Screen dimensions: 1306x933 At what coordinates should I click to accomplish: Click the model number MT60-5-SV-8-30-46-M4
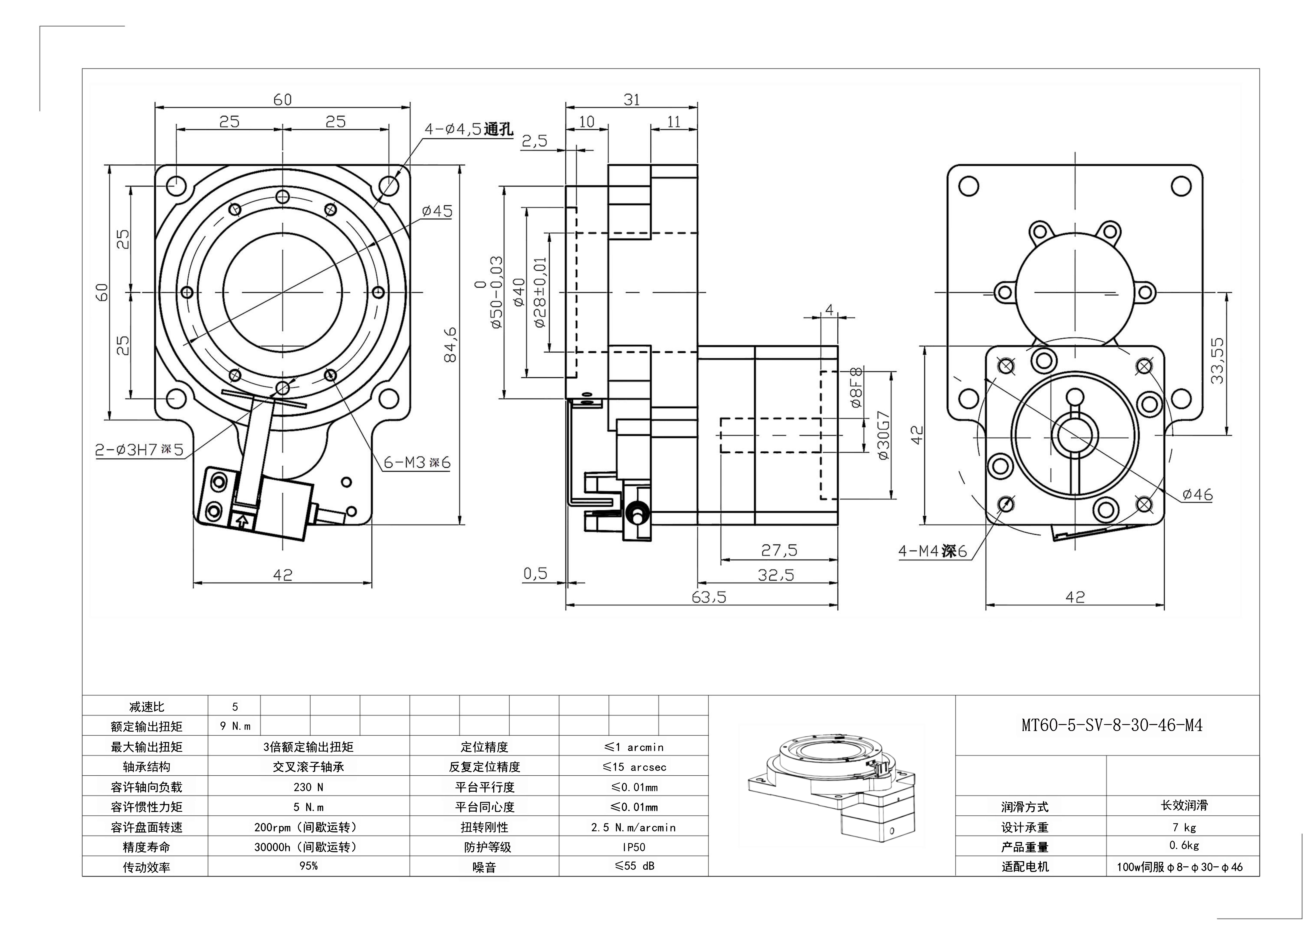(1111, 725)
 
